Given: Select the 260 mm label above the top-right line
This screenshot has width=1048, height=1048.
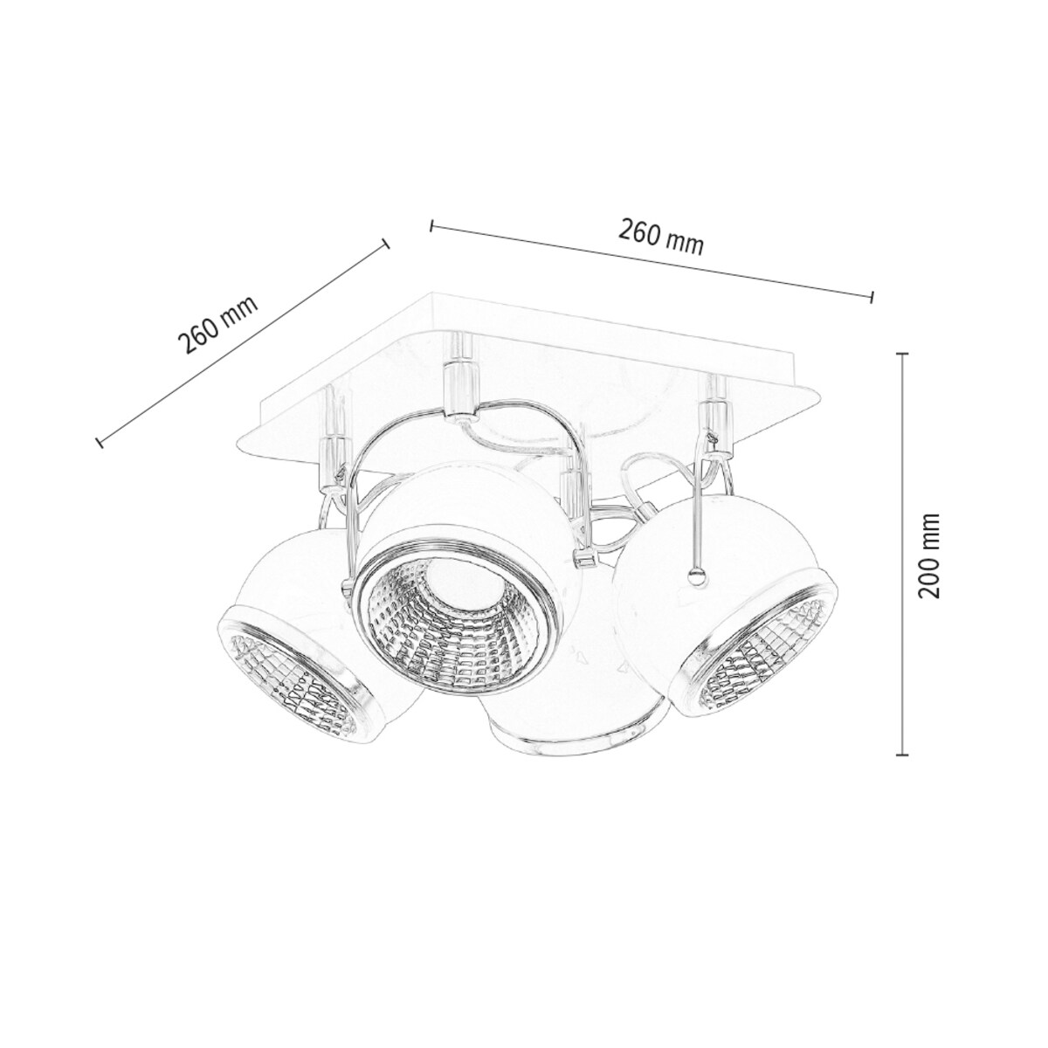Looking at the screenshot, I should click(661, 236).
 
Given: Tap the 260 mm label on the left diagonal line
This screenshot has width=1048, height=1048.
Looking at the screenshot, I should click(218, 324).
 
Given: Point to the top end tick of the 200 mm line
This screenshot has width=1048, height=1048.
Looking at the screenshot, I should click(903, 354).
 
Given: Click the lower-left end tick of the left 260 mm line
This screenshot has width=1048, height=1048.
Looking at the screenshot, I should click(100, 442).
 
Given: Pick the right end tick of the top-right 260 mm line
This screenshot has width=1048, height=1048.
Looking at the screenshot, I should click(872, 297).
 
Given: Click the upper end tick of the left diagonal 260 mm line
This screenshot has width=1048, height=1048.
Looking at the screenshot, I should click(385, 245).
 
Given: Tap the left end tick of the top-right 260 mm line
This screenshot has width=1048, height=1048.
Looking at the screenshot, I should click(432, 226).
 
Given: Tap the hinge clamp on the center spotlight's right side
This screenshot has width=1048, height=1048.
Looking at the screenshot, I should click(582, 555).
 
